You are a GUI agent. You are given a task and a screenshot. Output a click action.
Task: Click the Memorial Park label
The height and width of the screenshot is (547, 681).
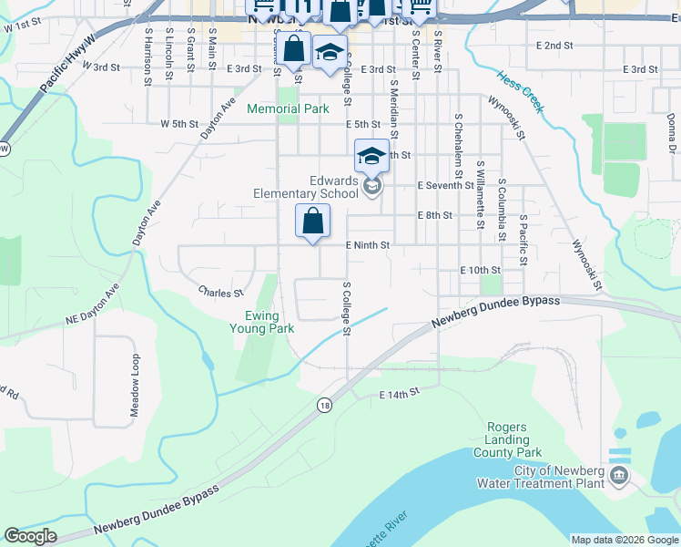point(288,108)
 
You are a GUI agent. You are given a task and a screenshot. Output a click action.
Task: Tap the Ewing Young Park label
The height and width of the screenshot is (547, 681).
point(261,322)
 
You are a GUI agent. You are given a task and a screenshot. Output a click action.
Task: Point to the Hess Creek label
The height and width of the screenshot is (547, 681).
point(520,91)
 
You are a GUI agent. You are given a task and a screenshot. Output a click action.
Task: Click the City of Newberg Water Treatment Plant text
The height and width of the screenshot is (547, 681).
point(559,477)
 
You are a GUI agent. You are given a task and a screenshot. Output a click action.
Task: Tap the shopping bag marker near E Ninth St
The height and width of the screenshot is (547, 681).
point(312,222)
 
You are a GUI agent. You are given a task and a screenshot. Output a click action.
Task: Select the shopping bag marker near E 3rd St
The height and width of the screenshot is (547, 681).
point(294,49)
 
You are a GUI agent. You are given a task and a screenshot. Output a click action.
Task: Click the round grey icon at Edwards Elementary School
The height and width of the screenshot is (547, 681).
point(371,187)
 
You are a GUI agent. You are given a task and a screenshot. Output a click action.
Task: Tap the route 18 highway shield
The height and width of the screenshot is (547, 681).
point(325,405)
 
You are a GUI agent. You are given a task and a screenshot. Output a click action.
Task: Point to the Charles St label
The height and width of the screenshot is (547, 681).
point(221,293)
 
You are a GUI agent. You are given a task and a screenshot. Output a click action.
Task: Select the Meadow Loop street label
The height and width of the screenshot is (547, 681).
point(135,385)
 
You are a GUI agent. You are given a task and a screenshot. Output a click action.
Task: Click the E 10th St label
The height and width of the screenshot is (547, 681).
point(481,270)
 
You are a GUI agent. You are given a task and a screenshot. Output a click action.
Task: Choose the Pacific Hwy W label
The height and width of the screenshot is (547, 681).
point(67,64)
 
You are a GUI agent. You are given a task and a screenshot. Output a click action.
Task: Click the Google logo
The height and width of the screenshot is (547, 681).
point(31,536)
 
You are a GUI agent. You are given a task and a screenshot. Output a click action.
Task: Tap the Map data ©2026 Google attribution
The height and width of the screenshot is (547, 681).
point(625,540)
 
